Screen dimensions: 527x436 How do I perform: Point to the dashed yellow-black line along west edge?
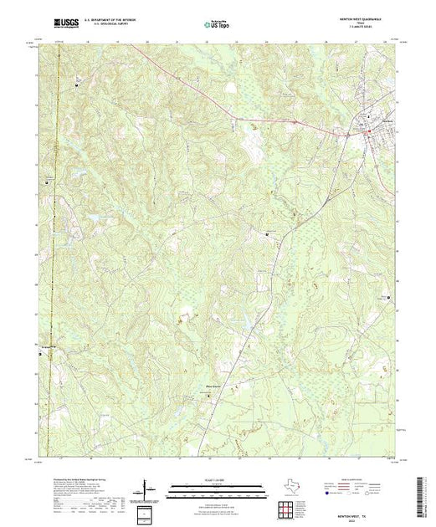(x=52, y=251)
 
